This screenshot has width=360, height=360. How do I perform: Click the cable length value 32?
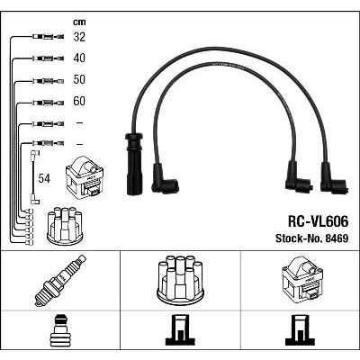pos(79,37)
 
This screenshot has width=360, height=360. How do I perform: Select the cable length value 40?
pos(79,58)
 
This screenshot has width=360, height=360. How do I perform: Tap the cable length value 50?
pos(79,79)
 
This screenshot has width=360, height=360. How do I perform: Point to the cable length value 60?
pos(79,101)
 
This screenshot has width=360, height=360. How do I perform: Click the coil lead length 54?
pos(44,178)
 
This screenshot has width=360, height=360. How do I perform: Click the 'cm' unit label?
pos(79,22)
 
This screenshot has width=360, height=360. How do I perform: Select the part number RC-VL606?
pos(318,221)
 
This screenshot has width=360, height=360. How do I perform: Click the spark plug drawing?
pos(60,281)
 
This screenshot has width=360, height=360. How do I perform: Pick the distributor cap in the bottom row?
pos(180,278)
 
